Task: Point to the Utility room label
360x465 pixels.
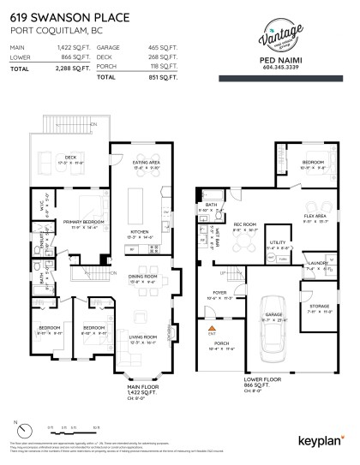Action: [x=278, y=242]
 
